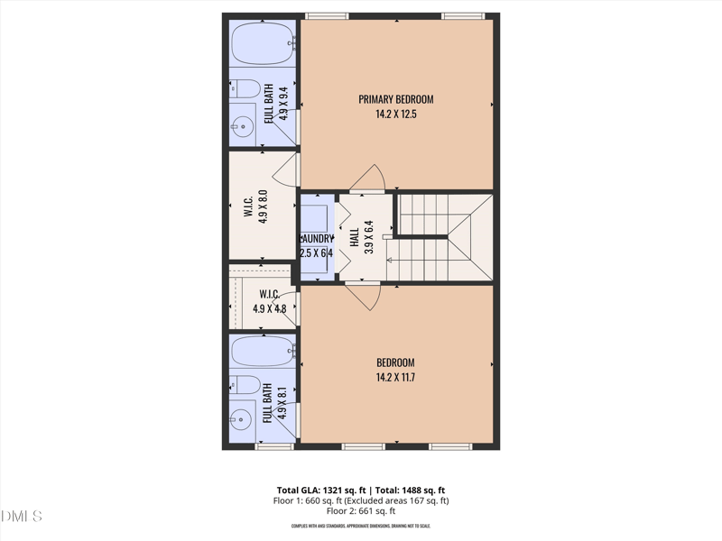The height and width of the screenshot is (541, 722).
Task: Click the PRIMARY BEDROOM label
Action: click(396, 99)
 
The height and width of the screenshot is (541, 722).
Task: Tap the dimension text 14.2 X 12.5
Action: click(396, 115)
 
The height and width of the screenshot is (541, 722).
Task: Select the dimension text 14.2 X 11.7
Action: click(396, 377)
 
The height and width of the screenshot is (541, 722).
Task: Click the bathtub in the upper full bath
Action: click(262, 41)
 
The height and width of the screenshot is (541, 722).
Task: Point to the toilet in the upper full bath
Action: click(245, 88)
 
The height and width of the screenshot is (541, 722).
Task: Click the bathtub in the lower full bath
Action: click(262, 350)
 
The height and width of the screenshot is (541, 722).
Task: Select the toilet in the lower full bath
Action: click(245, 384)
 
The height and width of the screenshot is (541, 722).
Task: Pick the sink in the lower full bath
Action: click(242, 417)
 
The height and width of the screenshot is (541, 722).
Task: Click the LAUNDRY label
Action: click(317, 239)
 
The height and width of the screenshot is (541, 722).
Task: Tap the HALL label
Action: click(355, 237)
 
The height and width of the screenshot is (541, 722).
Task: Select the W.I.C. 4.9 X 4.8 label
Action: click(269, 300)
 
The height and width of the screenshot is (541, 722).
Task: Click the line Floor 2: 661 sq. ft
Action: click(360, 511)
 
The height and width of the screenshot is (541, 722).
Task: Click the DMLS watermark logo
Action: click(23, 517)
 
